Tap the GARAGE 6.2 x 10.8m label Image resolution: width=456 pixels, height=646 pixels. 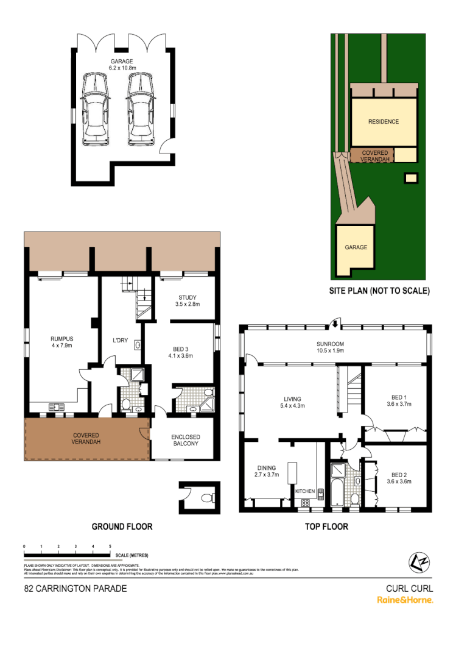coord(122,65)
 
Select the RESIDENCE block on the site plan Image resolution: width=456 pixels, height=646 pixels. coord(384,121)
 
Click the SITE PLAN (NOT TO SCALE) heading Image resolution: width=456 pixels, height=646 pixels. coord(379,291)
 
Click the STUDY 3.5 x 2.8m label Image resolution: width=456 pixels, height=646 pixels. coord(187,300)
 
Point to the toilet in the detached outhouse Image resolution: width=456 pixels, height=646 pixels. coord(207,498)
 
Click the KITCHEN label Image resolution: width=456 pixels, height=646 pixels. coord(305,491)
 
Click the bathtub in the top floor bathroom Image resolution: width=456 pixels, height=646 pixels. coord(336,491)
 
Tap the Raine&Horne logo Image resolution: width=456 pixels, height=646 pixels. coord(405,600)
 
